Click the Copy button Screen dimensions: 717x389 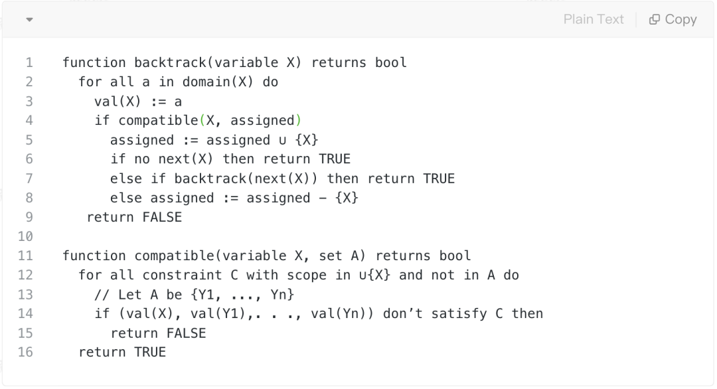[673, 20]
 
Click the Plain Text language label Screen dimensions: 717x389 [594, 20]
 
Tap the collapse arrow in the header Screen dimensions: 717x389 [29, 20]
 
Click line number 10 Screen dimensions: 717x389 [25, 236]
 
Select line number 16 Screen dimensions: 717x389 [25, 352]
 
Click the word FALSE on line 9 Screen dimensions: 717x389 [162, 217]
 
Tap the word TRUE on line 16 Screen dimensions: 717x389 [150, 352]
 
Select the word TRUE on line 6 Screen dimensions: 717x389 [335, 159]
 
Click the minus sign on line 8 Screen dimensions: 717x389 [322, 198]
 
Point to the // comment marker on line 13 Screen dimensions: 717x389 [102, 294]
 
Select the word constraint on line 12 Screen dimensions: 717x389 [182, 275]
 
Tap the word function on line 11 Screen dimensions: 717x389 [94, 256]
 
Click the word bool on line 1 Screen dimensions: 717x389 [391, 63]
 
